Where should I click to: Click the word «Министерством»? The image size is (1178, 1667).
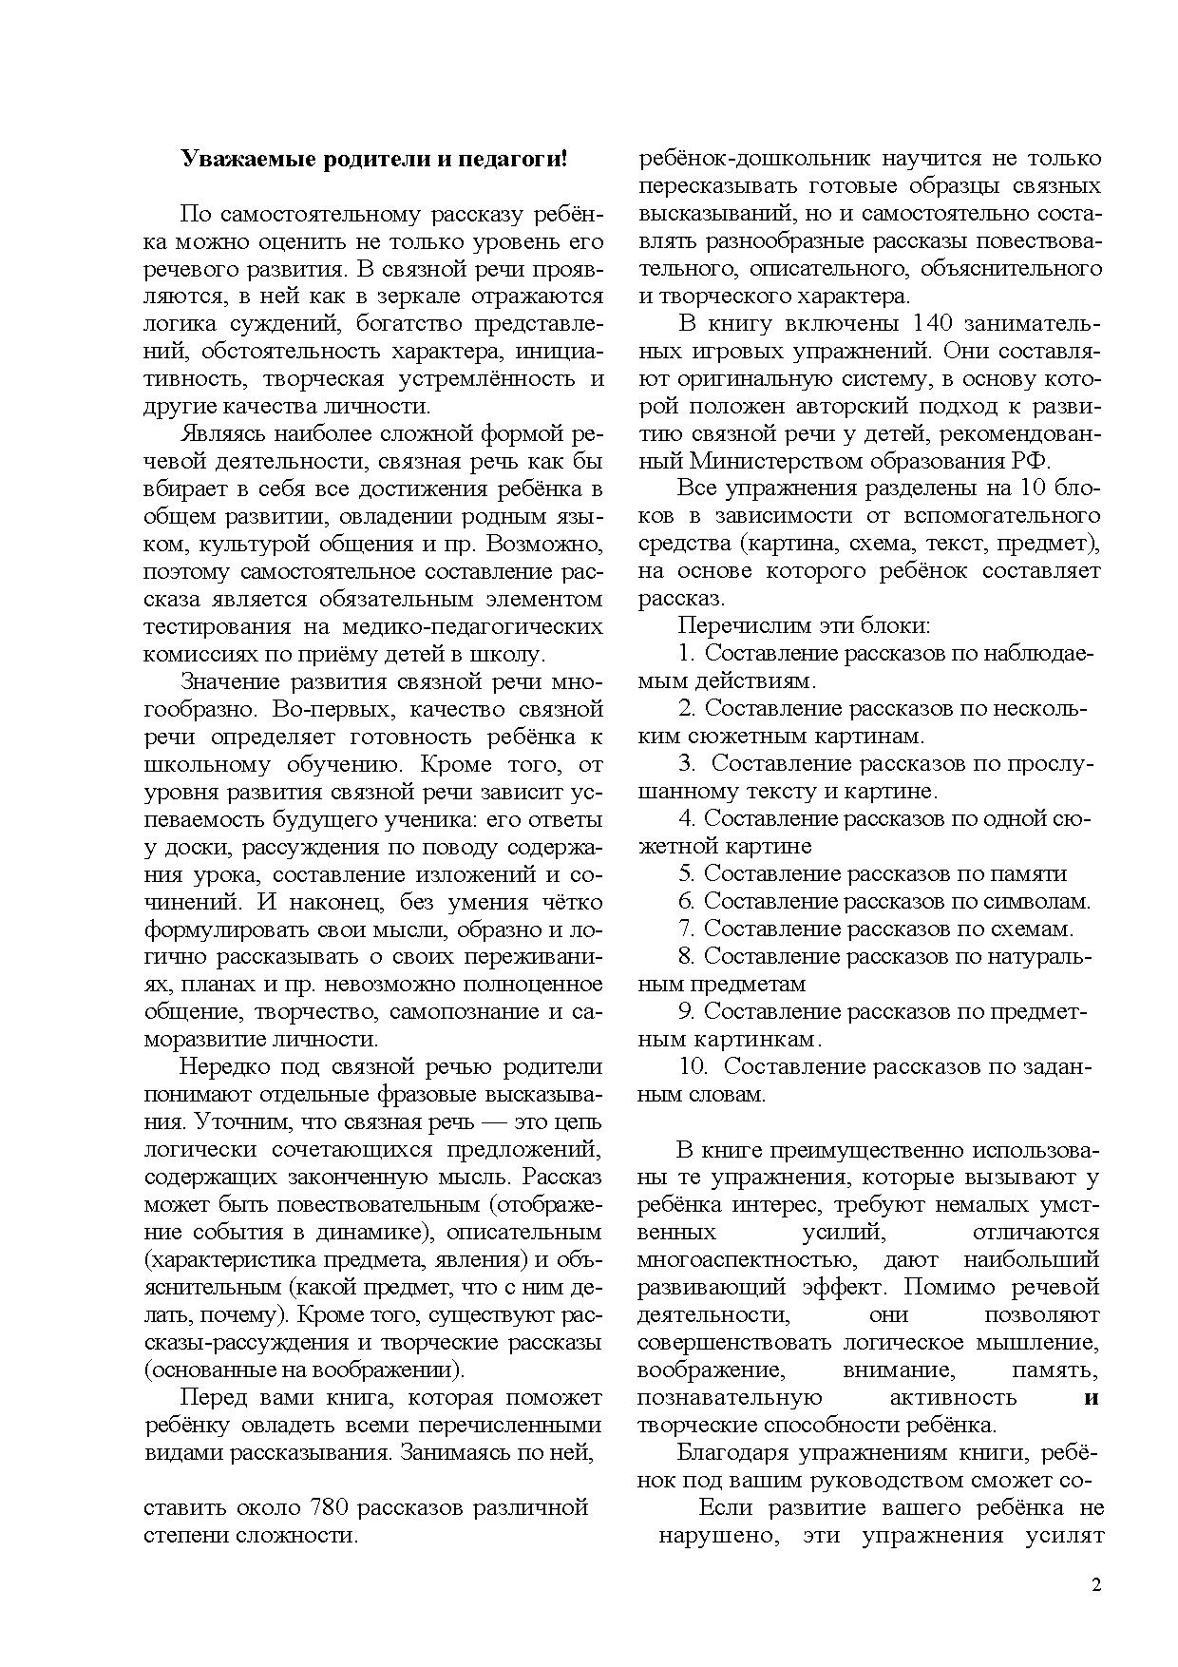[780, 461]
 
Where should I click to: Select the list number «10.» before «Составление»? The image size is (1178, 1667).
[695, 1066]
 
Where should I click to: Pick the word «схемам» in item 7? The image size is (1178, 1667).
[1034, 929]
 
